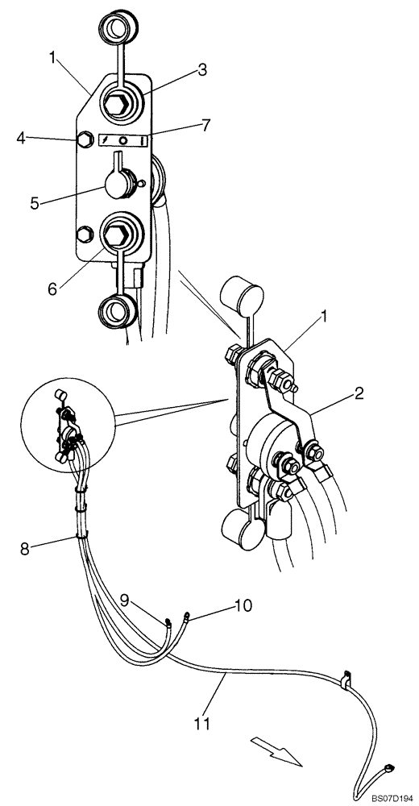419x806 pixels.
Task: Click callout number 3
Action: click(202, 70)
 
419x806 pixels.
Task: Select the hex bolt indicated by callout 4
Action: click(82, 140)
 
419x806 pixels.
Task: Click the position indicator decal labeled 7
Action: click(122, 140)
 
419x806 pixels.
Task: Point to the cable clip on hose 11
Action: click(347, 679)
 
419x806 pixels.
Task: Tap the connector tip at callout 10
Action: click(187, 618)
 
